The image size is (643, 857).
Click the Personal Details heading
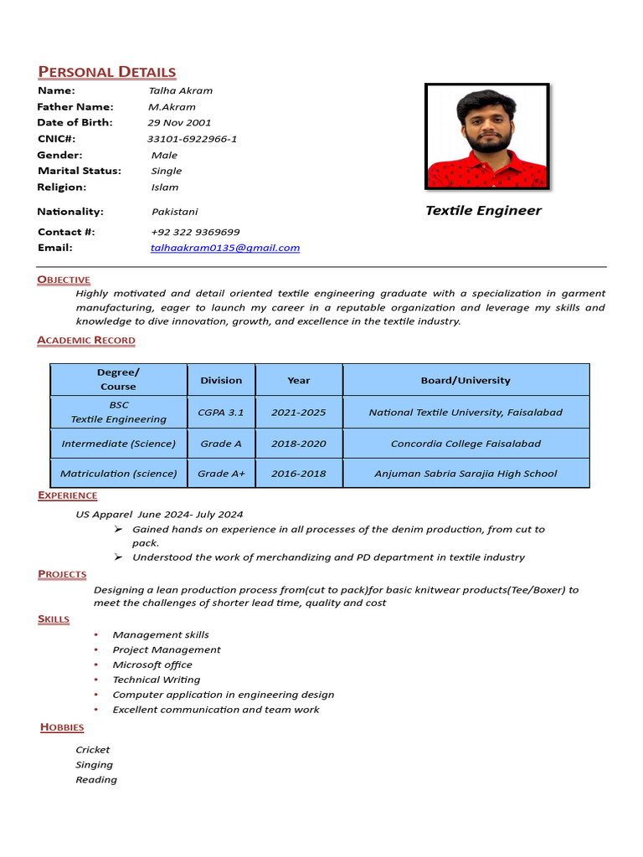[106, 72]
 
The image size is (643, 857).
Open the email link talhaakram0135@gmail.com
[224, 248]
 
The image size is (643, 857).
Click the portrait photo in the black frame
[486, 136]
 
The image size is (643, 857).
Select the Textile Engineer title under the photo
[483, 211]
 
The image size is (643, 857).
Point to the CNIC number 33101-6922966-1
[192, 139]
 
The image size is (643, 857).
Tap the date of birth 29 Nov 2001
[179, 122]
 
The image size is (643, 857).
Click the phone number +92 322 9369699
[195, 232]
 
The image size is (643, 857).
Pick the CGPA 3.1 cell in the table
[221, 412]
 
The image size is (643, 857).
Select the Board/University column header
[466, 380]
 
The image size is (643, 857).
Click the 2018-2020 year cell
[299, 444]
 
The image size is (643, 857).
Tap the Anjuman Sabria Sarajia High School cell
[466, 474]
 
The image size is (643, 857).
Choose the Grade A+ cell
[221, 474]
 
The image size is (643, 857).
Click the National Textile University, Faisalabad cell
[466, 412]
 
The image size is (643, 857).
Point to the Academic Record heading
[85, 340]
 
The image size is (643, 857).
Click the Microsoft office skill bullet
[152, 665]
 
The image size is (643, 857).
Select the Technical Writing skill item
[157, 680]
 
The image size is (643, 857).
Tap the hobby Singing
[94, 765]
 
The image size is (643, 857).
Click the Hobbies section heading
[62, 727]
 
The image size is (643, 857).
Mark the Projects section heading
[62, 574]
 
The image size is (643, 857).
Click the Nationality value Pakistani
[174, 212]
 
